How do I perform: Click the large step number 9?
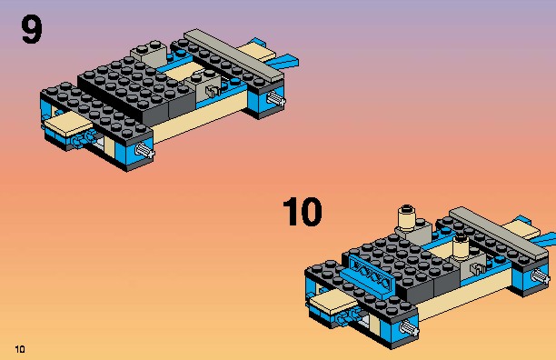[x=32, y=29]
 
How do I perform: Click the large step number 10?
[x=303, y=212]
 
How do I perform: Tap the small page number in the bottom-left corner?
[x=20, y=349]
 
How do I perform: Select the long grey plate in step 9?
[x=234, y=55]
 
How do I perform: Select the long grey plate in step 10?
[x=499, y=233]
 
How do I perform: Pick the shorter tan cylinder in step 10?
[x=461, y=247]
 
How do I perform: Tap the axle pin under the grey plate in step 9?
[x=276, y=98]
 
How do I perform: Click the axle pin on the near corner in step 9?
[x=145, y=150]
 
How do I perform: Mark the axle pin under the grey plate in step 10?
[x=541, y=275]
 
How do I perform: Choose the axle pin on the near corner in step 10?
[x=409, y=327]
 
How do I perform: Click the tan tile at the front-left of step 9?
[x=68, y=125]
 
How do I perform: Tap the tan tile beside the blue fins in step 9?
[x=255, y=52]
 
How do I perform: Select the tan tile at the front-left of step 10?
[x=333, y=302]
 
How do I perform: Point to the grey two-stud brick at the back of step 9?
[x=148, y=54]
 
